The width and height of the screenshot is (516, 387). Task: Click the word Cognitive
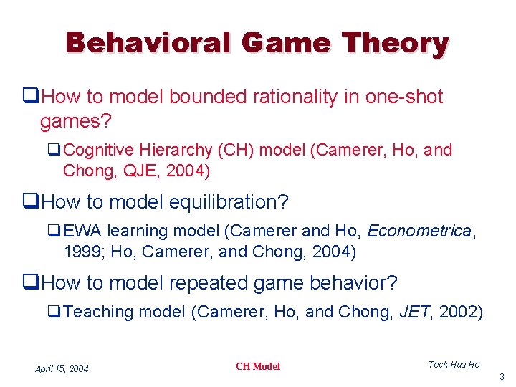(x=98, y=150)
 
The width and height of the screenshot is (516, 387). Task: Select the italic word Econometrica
(x=419, y=231)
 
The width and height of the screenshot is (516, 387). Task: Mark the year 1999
(x=81, y=252)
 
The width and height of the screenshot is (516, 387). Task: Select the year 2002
(x=461, y=312)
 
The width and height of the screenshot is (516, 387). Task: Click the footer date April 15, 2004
(x=62, y=369)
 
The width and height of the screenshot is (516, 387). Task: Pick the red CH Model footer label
(x=258, y=367)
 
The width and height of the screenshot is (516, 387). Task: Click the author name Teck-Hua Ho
(x=454, y=365)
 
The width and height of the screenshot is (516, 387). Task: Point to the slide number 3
(x=502, y=377)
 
